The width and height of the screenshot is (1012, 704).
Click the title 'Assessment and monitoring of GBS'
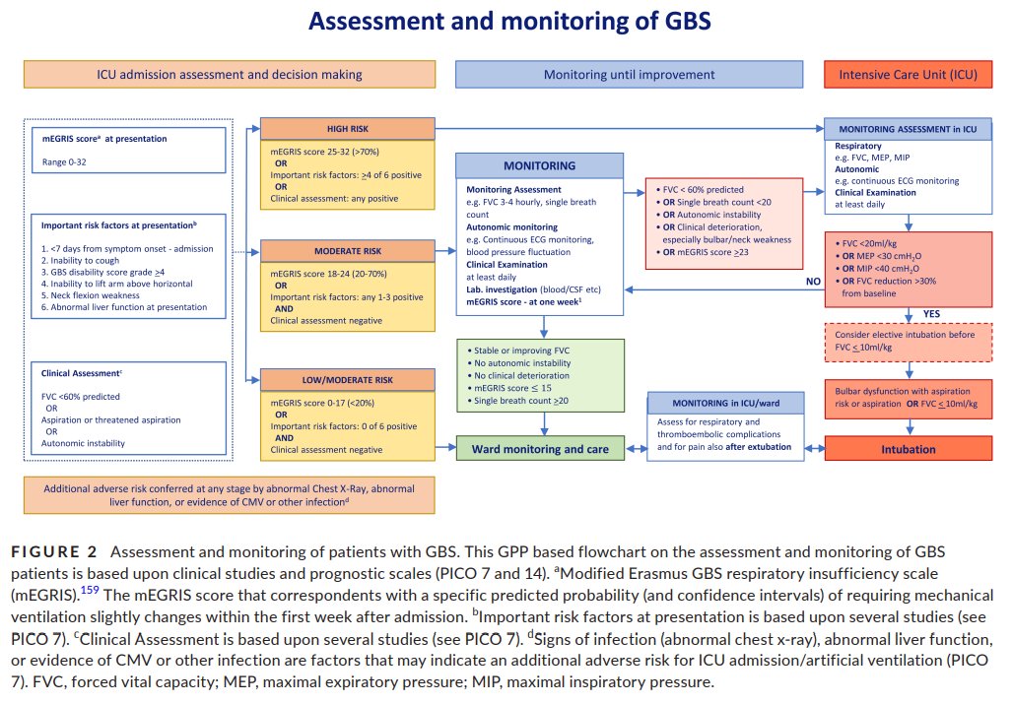coord(506,21)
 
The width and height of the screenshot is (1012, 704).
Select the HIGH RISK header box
coord(347,129)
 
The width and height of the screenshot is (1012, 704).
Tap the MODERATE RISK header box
coord(347,251)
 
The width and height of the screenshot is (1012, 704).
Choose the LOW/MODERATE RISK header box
coord(347,379)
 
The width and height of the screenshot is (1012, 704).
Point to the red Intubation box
coord(909,449)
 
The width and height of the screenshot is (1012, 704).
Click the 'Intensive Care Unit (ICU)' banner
coord(909,74)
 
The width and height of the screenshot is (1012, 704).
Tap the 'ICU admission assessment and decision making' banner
coord(230,74)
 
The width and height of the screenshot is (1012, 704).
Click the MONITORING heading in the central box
coord(540,165)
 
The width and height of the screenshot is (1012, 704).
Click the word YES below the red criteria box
coord(930,314)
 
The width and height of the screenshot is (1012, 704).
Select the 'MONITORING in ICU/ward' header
coord(726,403)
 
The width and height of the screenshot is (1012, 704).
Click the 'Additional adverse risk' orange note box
coord(230,494)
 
